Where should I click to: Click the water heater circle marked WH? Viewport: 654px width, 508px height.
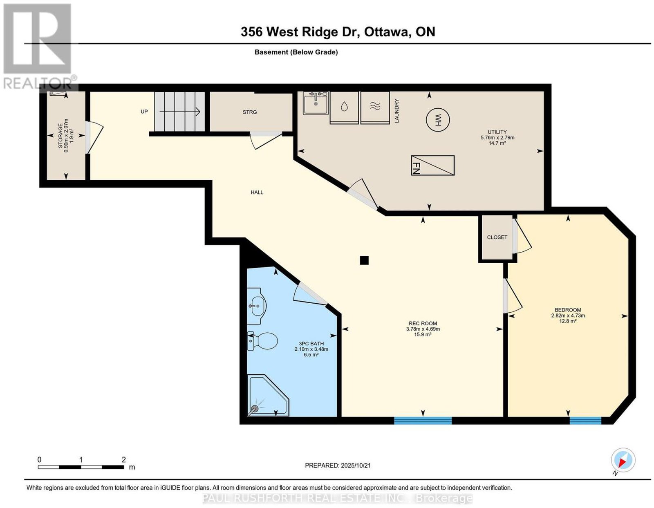coord(438,120)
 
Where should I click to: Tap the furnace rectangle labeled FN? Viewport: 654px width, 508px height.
coord(432,165)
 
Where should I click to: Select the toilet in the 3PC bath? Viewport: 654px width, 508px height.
coord(262,341)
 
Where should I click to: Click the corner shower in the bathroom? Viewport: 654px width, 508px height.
coord(268,395)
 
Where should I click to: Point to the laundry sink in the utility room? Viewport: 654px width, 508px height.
coord(316,103)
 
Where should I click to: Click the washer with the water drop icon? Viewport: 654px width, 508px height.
coord(344,107)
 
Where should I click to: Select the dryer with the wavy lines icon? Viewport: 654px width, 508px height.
coord(375,107)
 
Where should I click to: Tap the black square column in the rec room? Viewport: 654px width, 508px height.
coord(364,260)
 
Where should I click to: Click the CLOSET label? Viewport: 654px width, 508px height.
coord(497,237)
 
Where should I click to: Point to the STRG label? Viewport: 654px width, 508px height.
coord(249,112)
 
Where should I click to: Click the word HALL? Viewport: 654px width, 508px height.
coord(257,192)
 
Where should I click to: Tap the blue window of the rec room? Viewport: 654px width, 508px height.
coord(423,420)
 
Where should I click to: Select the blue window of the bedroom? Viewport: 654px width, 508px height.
coord(585,420)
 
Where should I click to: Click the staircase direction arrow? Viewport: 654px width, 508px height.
coord(180,112)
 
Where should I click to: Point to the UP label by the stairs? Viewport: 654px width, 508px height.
coord(144,112)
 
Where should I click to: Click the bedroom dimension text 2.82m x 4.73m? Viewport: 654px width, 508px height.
coord(568,316)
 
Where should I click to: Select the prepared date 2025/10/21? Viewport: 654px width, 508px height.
coord(356,465)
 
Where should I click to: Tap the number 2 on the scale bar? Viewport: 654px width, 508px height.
coord(124,460)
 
